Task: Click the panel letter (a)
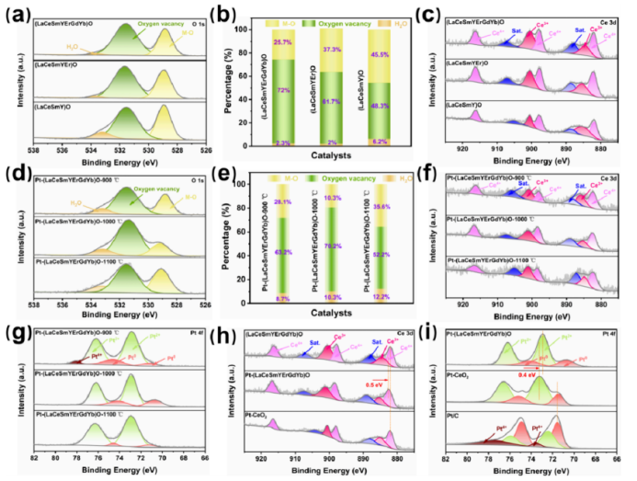16,15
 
